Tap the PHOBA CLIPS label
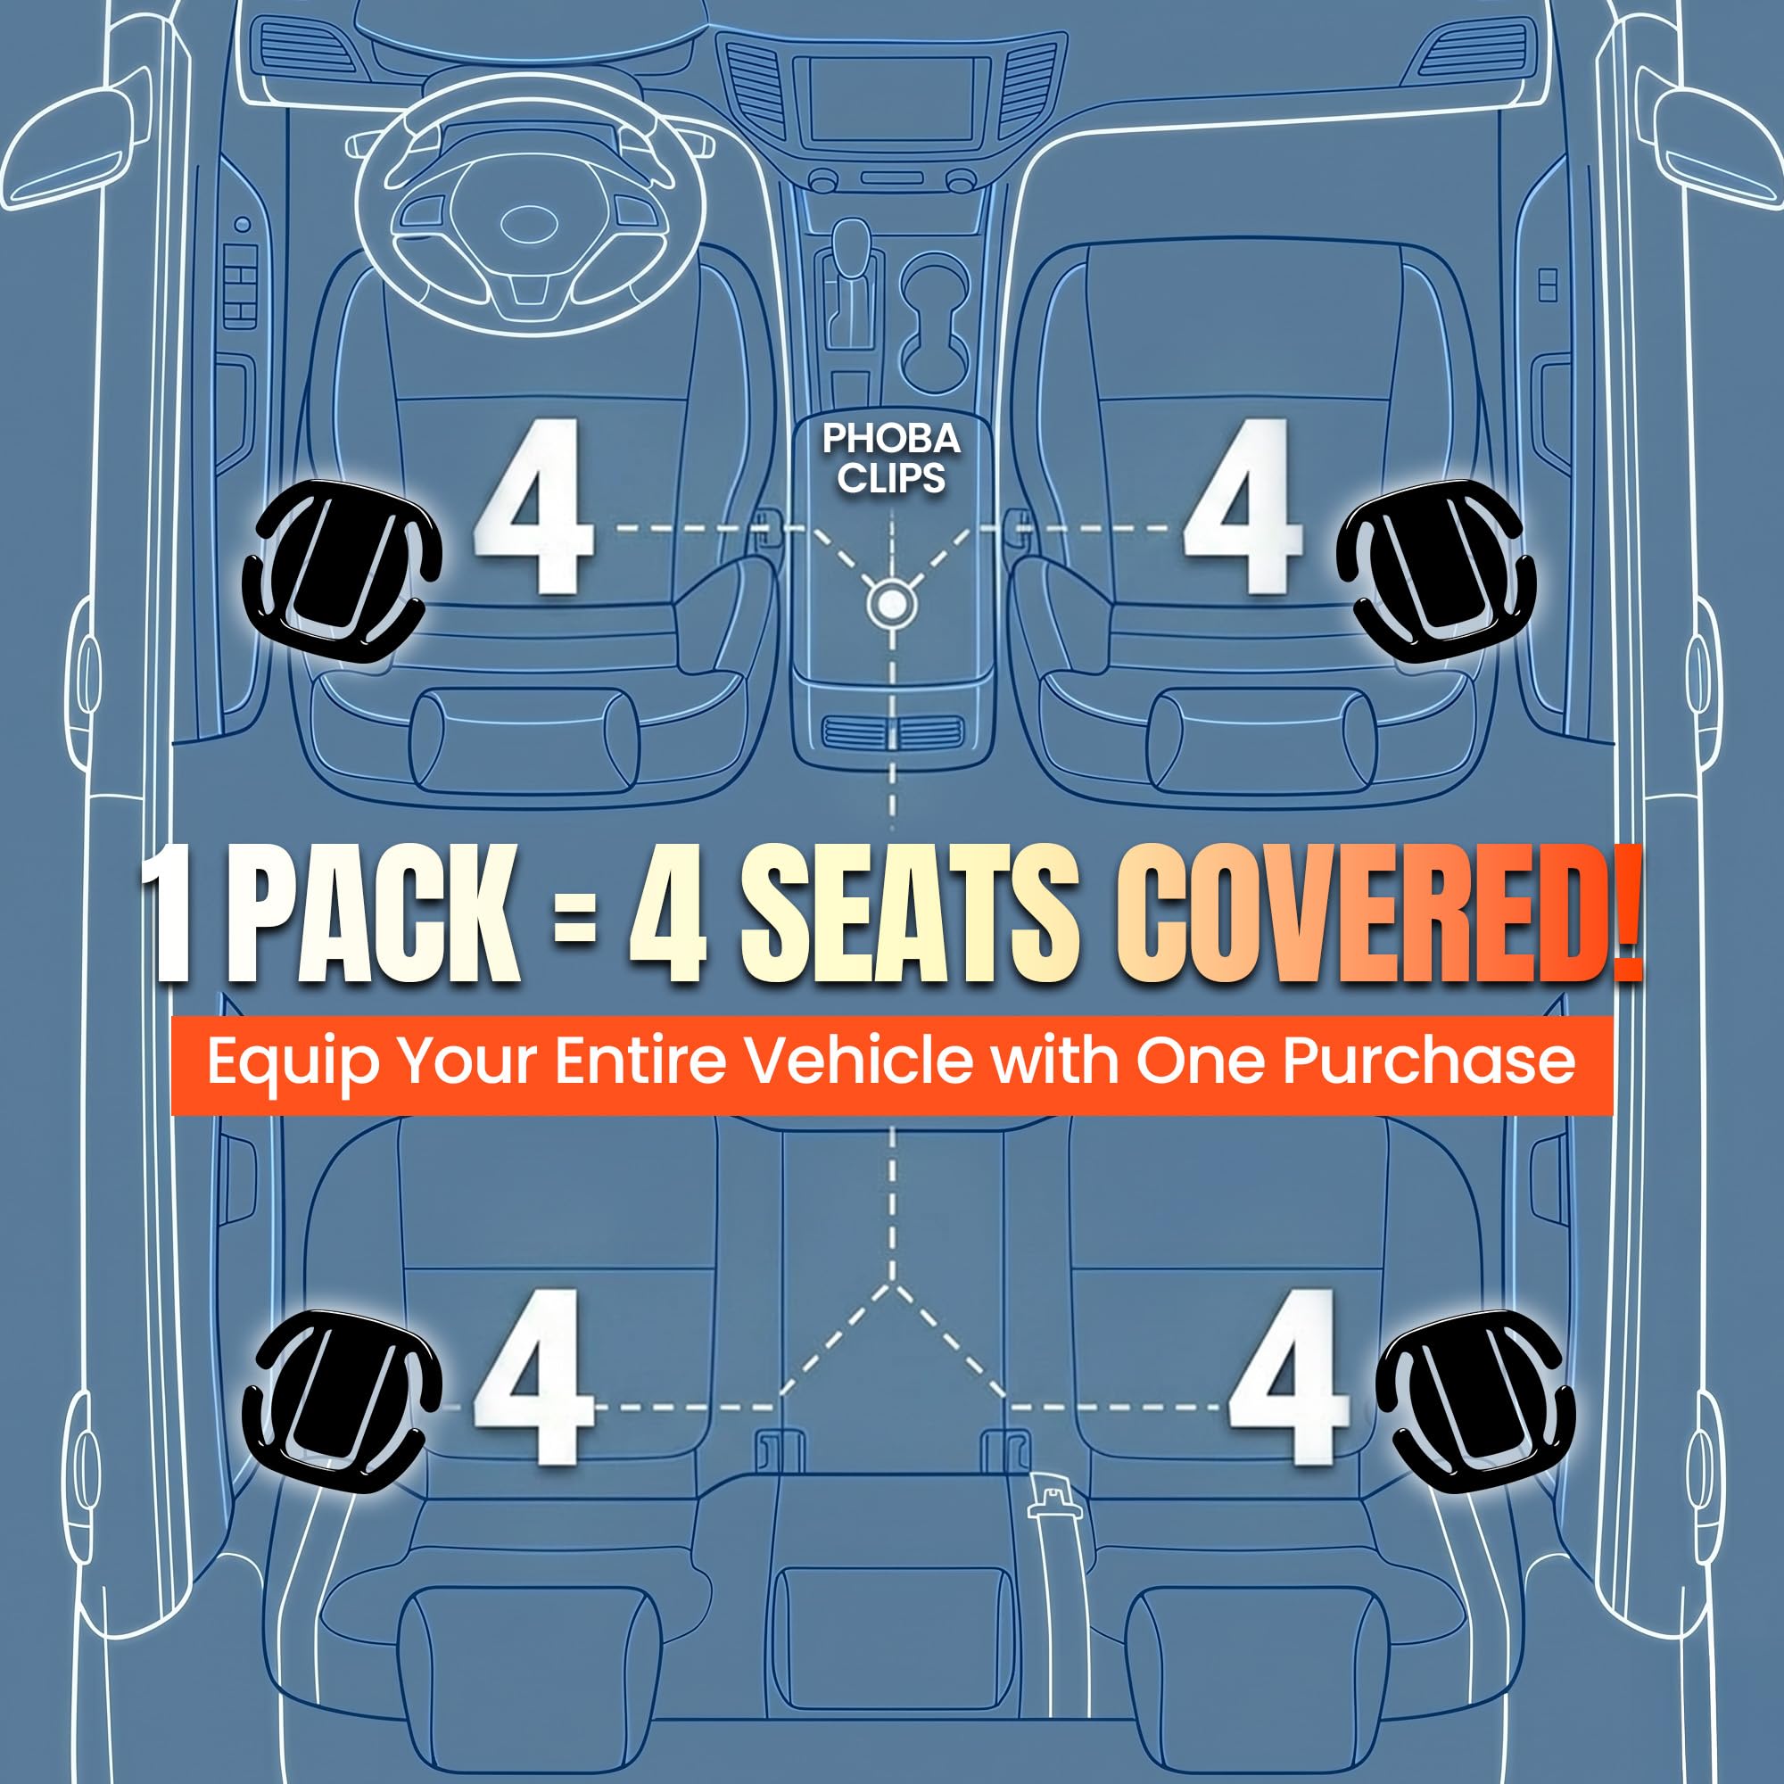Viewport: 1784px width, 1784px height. point(891,458)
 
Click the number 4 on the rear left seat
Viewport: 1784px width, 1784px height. point(533,1375)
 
